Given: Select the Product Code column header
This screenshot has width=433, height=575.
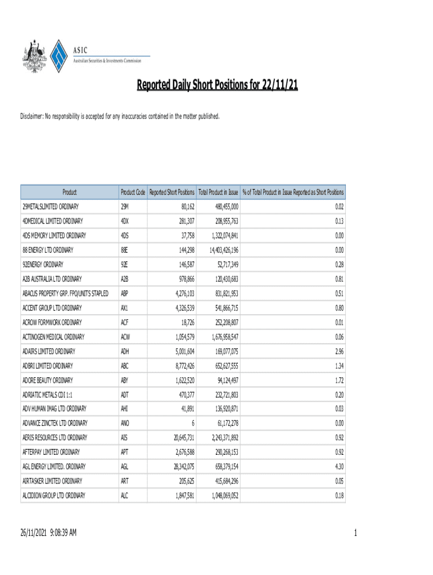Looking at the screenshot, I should [133, 192].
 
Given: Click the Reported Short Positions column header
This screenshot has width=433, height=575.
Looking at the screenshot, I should [172, 192].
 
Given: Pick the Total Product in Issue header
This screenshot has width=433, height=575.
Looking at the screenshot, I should [219, 192].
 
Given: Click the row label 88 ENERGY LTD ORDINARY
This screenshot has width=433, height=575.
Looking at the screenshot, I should [48, 250].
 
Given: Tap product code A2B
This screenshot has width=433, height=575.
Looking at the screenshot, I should [125, 279].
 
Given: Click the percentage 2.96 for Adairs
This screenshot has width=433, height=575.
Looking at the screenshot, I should [339, 352].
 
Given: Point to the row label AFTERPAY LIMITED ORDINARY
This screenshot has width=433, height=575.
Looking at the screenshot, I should [51, 452].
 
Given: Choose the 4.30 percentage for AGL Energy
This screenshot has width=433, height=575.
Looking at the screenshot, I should [339, 467].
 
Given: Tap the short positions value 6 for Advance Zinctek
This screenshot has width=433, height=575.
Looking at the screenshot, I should [193, 423].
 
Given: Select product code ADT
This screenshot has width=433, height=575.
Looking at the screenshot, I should [125, 394].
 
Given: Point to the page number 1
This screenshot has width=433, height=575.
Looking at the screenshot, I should [356, 533].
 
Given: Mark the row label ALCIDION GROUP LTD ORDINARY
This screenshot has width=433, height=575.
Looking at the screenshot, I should [53, 495].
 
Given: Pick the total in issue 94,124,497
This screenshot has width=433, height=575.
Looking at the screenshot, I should [224, 380].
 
